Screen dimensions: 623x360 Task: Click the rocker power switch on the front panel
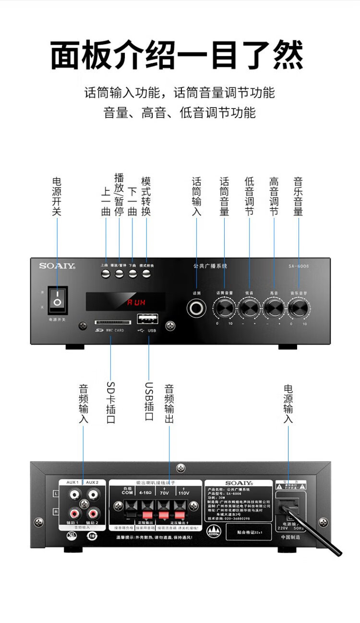58,300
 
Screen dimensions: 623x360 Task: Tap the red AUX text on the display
136,302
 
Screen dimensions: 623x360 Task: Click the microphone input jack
197,308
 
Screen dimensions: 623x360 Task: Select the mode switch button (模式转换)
146,274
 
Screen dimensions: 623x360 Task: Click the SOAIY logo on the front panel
57,265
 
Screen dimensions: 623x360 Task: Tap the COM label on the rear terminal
127,492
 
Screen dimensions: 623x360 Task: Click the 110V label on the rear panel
184,493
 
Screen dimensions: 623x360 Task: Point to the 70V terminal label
165,493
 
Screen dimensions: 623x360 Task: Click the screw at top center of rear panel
181,468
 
